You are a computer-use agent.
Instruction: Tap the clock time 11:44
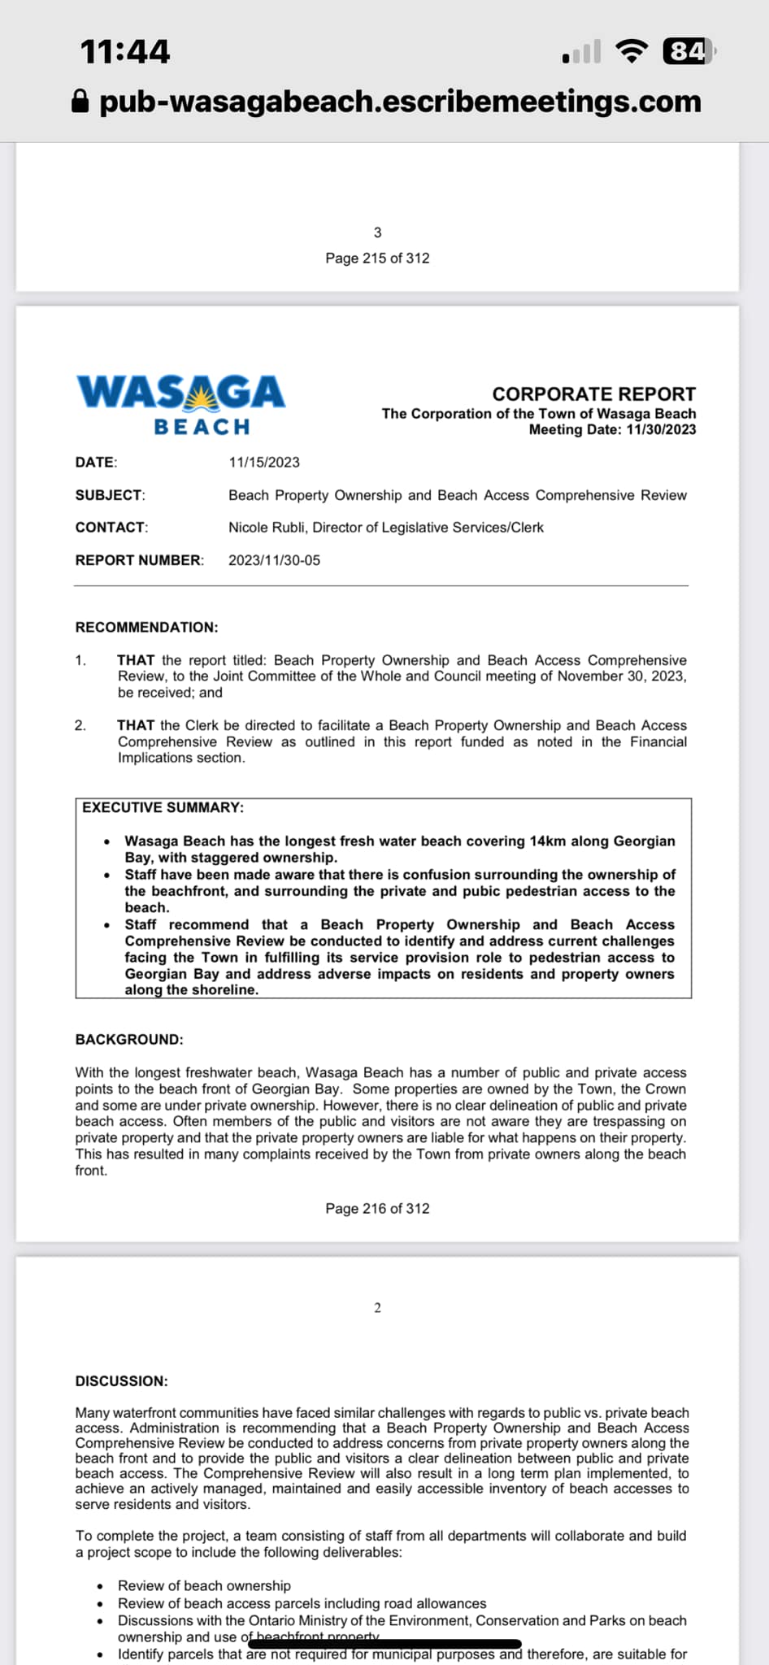click(x=125, y=52)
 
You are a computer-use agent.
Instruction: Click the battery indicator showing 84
click(x=688, y=51)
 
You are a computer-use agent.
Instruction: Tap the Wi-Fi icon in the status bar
click(x=632, y=51)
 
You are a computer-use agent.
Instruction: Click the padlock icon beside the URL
click(x=80, y=102)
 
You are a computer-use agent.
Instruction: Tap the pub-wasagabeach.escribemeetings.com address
click(x=400, y=102)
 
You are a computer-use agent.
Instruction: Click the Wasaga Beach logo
click(x=180, y=404)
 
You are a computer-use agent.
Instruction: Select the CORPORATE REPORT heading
click(x=593, y=394)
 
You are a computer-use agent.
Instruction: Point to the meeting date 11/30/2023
click(x=661, y=430)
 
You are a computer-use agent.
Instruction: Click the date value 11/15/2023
click(x=264, y=463)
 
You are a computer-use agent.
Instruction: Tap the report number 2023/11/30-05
click(x=274, y=560)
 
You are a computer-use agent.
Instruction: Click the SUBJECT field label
click(x=110, y=495)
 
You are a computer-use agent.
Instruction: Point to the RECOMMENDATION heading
click(x=146, y=628)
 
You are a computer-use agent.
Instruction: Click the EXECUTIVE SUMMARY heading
click(x=163, y=807)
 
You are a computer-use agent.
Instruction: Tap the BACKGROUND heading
click(x=129, y=1040)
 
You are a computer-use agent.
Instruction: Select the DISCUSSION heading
click(x=121, y=1381)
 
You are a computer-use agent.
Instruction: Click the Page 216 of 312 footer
click(x=377, y=1209)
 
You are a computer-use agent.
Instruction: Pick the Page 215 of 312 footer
click(x=377, y=259)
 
